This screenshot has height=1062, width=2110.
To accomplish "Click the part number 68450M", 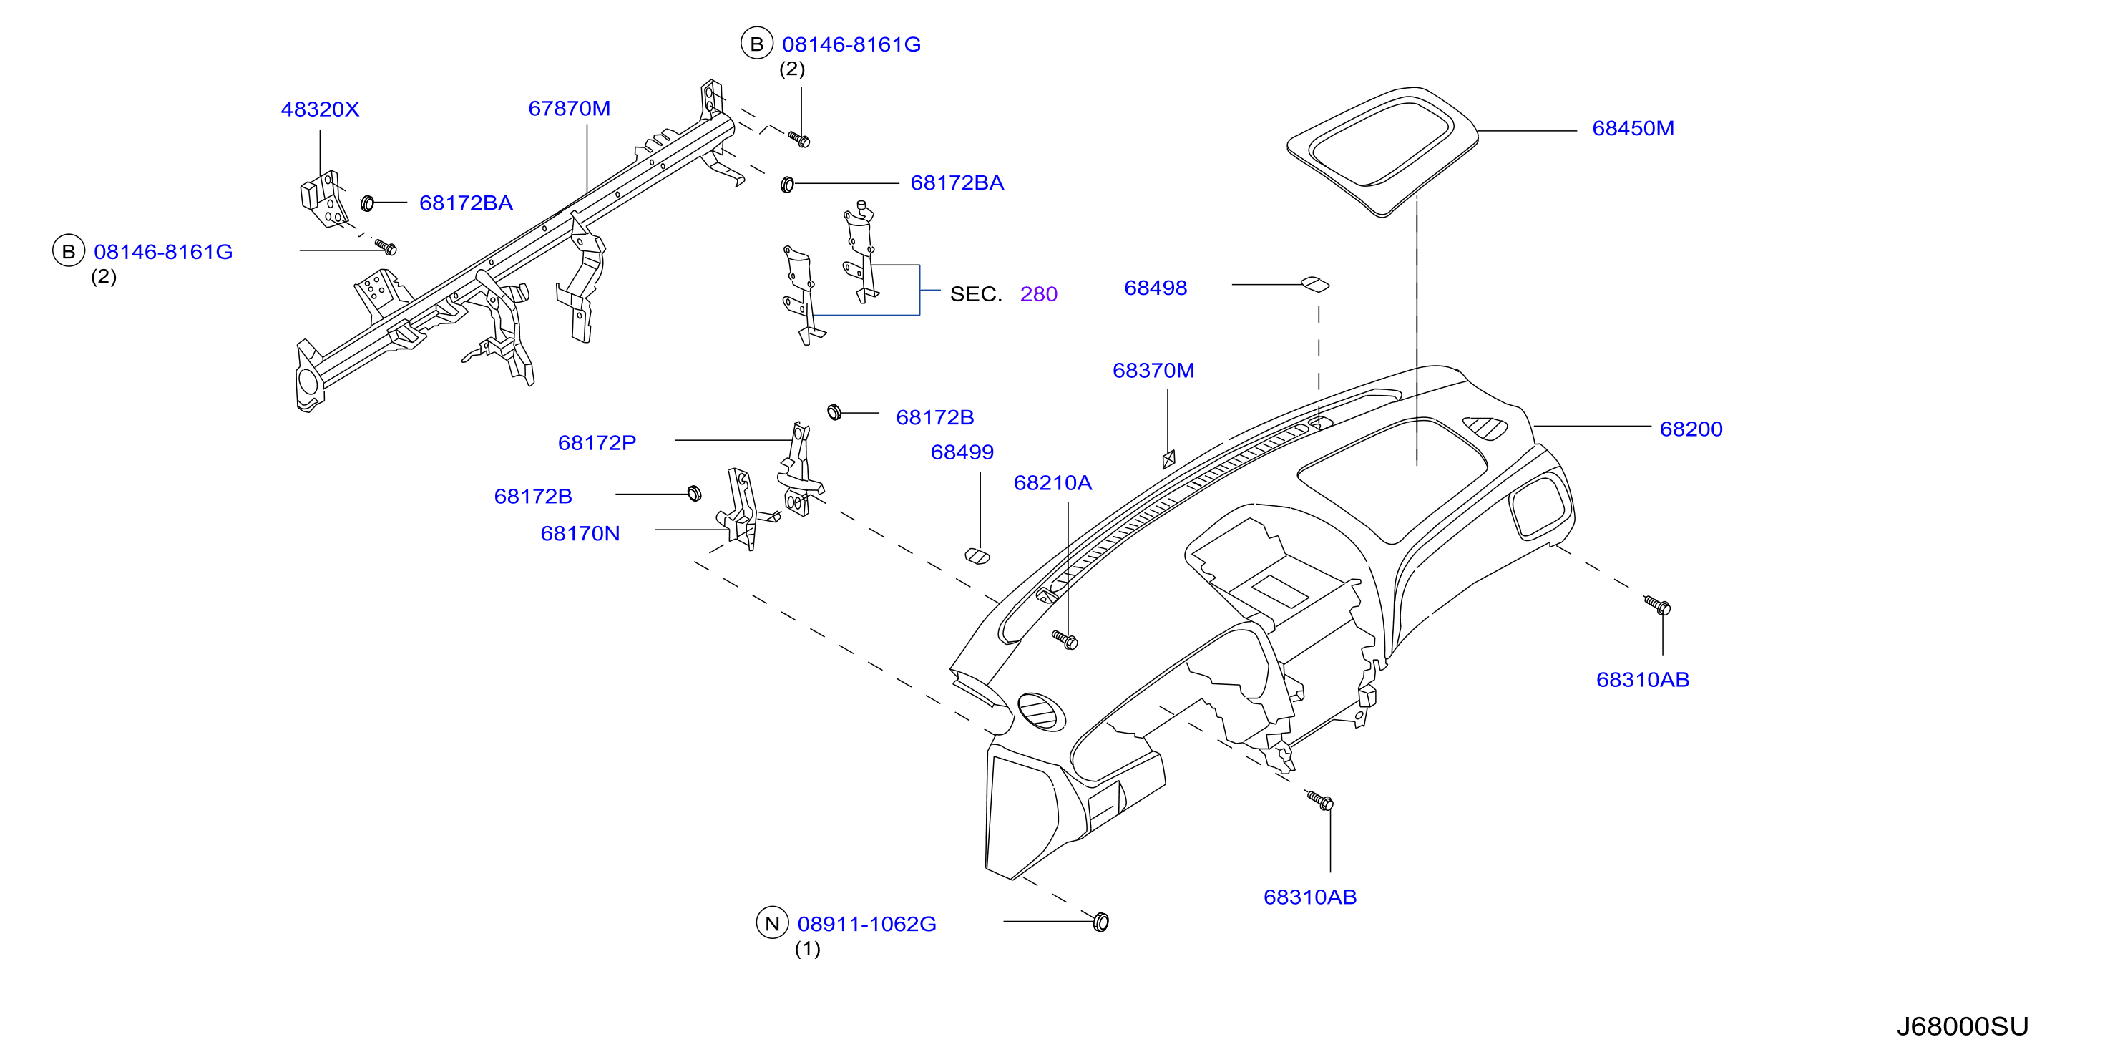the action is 1633,129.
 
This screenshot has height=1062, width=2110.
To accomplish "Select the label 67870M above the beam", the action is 570,109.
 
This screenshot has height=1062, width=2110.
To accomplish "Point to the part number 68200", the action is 1691,429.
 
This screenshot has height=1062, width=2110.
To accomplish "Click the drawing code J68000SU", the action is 1963,1027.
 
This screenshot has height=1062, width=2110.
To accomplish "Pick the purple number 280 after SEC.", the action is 1039,294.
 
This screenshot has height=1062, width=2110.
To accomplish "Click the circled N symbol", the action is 771,923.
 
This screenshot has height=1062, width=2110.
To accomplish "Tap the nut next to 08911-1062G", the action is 1101,922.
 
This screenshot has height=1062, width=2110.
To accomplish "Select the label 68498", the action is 1155,288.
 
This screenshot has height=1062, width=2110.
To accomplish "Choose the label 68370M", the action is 1153,371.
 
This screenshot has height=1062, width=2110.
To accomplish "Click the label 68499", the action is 962,452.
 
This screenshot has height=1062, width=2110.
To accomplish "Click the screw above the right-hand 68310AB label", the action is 1657,606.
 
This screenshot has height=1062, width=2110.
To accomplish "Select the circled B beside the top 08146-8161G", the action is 757,44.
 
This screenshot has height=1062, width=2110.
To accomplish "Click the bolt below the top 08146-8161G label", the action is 798,140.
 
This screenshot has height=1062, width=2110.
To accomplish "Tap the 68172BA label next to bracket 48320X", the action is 466,203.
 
